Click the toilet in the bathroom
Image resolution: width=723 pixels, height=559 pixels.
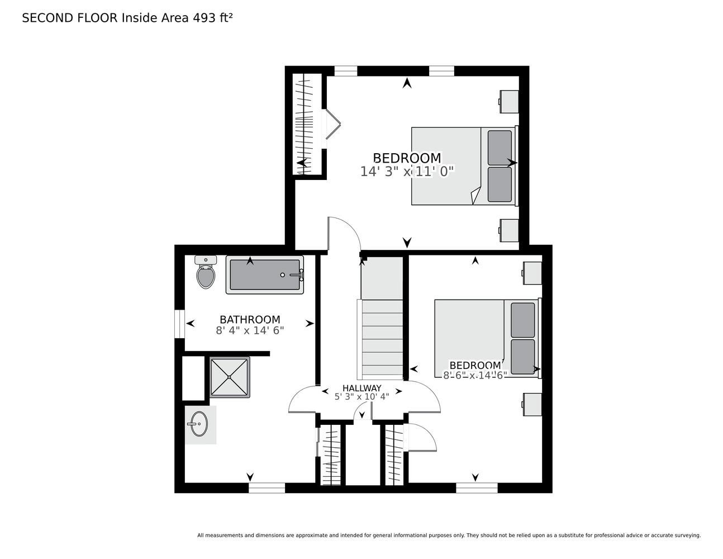pyautogui.click(x=206, y=272)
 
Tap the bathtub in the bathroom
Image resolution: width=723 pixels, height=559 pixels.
pyautogui.click(x=264, y=274)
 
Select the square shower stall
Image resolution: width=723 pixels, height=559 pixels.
pyautogui.click(x=230, y=377)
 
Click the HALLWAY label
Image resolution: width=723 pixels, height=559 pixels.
pyautogui.click(x=361, y=388)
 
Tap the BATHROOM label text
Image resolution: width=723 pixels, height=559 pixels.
pyautogui.click(x=250, y=319)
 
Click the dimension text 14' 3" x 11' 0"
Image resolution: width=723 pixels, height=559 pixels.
pyautogui.click(x=407, y=172)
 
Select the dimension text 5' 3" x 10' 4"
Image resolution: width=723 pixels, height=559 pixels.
pyautogui.click(x=361, y=396)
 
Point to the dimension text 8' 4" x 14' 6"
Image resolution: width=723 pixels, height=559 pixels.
pyautogui.click(x=250, y=330)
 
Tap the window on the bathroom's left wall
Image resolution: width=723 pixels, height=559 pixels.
pyautogui.click(x=180, y=324)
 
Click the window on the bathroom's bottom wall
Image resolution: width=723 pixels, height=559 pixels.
pyautogui.click(x=267, y=487)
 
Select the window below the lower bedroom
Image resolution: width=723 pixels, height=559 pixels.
pyautogui.click(x=477, y=487)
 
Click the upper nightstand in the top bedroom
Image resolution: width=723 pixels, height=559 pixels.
pyautogui.click(x=509, y=102)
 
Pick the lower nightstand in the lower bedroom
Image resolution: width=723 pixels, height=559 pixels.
pyautogui.click(x=532, y=404)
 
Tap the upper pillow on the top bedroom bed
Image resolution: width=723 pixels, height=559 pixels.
pyautogui.click(x=500, y=148)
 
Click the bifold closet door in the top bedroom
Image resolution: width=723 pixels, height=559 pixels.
pyautogui.click(x=332, y=124)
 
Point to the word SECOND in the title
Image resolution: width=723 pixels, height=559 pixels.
pyautogui.click(x=48, y=18)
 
